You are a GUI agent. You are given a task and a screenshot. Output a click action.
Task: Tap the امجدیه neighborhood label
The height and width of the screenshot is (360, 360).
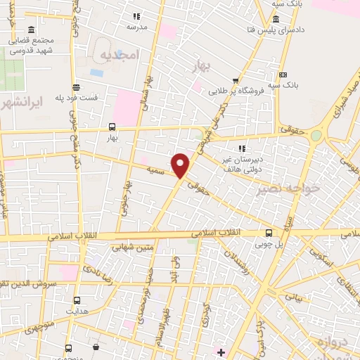pos(122,55)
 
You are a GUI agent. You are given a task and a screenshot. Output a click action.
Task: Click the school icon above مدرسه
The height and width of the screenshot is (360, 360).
pos(136,16)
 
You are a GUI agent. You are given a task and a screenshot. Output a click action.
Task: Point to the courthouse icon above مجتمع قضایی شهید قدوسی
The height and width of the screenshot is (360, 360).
pos(30,31)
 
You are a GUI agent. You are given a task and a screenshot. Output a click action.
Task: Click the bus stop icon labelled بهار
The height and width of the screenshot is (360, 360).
pos(112,127)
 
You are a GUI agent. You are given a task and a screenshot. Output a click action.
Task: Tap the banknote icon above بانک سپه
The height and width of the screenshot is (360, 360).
pos(283,75)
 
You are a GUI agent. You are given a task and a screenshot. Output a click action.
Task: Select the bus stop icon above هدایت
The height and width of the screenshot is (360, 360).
pos(69,298)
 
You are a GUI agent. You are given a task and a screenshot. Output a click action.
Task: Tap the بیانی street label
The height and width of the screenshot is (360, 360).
pos(293,297)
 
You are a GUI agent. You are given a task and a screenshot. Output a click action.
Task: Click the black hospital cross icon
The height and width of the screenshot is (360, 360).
pos(221,352)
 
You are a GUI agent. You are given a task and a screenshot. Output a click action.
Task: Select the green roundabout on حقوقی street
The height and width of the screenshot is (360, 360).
pos(316,136)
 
